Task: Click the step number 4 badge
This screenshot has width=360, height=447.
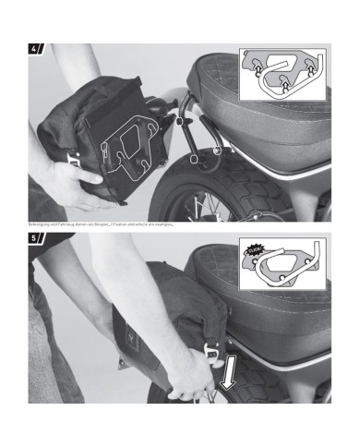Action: click(36, 49)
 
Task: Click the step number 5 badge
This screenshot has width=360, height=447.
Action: click(36, 239)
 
